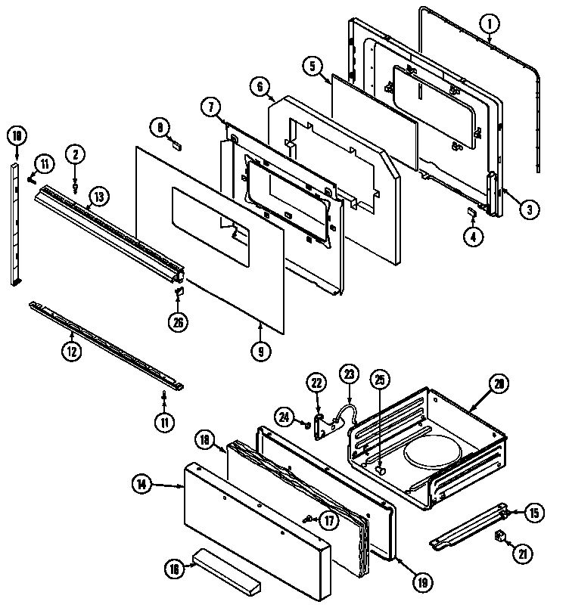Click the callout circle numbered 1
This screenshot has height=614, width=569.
[490, 24]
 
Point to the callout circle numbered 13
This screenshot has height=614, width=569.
[98, 197]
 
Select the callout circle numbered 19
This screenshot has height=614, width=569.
[423, 582]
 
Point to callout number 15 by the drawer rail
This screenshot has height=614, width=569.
[534, 513]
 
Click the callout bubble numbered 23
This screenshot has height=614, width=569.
[349, 372]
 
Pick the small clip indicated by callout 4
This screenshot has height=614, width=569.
[471, 212]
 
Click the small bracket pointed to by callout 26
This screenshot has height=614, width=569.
[179, 290]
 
